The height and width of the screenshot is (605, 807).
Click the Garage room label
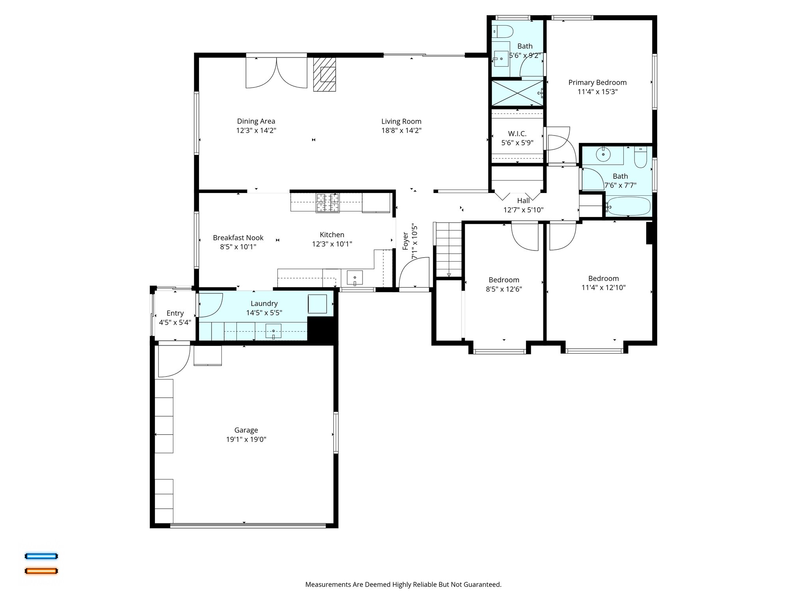point(246,430)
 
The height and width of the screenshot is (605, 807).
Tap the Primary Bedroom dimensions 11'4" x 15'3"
point(597,92)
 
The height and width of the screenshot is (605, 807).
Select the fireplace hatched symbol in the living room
point(325,74)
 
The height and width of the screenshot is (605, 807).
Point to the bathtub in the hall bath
point(628,207)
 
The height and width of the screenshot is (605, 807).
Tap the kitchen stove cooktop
point(327,202)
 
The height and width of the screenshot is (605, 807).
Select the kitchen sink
point(355,278)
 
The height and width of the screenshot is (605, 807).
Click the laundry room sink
point(273,331)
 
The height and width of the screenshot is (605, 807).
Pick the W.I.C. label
point(517,134)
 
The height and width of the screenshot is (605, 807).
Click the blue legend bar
point(41,556)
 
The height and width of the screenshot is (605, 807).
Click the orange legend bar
point(41,571)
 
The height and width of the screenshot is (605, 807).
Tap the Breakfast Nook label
point(238,238)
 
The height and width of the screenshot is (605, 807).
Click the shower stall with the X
point(517,93)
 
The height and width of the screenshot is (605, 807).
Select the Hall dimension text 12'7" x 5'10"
point(523,210)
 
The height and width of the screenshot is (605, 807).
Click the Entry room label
point(175,313)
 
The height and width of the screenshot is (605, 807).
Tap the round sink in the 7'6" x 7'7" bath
point(603,154)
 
